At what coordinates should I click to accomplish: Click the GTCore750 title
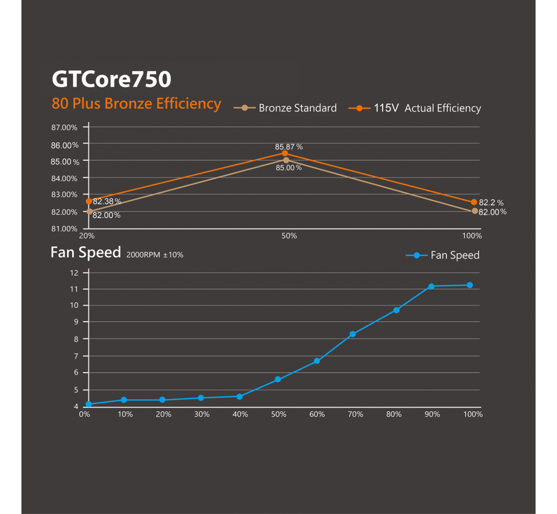111,79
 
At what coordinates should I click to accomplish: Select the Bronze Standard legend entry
285,108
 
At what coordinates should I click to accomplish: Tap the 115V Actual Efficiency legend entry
415,108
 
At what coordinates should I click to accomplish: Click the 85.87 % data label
288,147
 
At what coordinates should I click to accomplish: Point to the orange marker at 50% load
285,153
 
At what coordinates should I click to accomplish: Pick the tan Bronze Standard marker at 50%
286,160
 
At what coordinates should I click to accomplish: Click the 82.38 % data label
107,201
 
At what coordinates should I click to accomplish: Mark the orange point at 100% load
474,202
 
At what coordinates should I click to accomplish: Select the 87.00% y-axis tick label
64,128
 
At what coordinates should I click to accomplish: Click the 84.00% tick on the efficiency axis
64,179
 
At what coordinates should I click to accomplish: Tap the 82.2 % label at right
491,203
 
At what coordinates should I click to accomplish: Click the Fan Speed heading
86,252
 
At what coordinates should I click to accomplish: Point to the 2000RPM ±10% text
155,255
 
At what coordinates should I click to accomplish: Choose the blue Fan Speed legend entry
443,255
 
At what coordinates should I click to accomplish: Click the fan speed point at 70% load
353,334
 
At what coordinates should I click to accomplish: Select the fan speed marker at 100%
470,285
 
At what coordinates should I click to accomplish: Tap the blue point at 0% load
89,404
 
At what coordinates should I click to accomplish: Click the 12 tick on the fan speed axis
74,273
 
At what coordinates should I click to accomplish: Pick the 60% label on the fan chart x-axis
317,414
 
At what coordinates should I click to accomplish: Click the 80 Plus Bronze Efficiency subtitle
136,104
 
